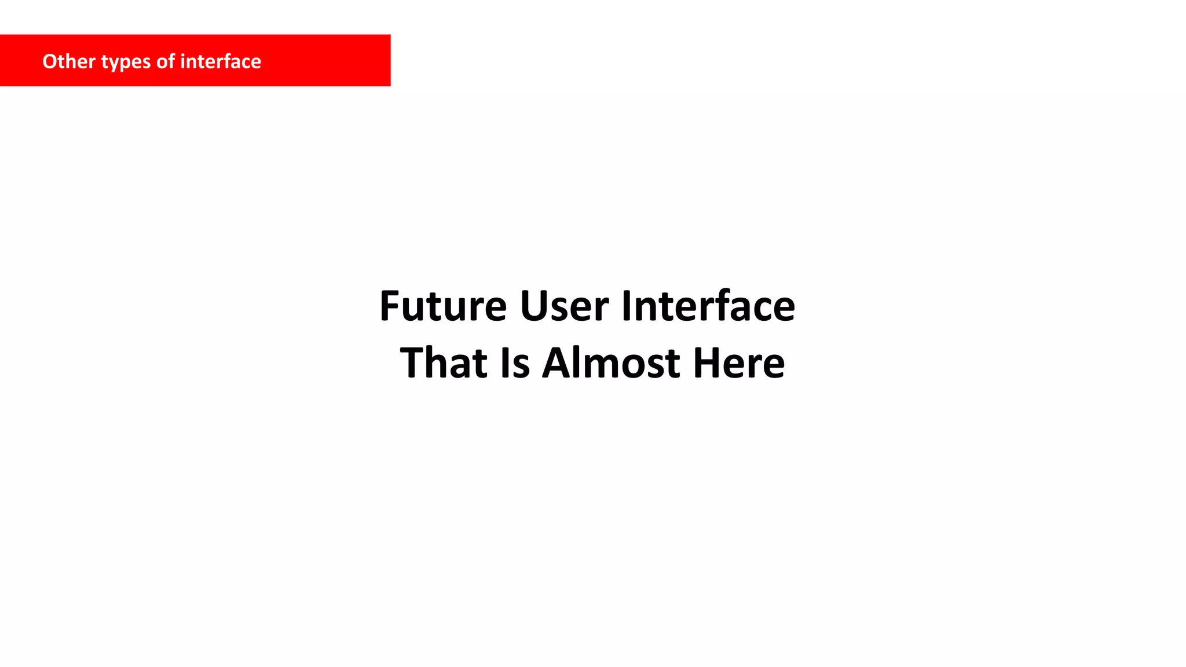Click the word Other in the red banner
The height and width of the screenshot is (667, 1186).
69,61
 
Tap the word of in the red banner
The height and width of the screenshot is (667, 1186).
166,61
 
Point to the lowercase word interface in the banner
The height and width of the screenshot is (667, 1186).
221,61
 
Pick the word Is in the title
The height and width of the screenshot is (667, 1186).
515,363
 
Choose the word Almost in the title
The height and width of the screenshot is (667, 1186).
611,363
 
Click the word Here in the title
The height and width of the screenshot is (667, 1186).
739,363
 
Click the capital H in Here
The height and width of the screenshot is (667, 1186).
707,363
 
